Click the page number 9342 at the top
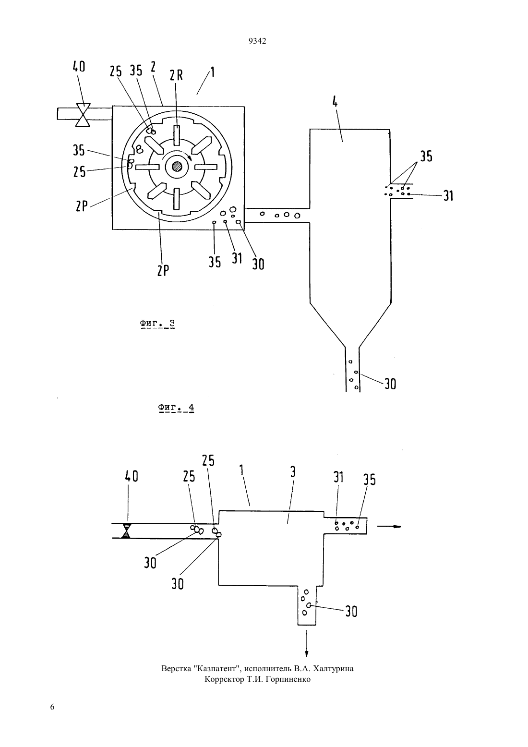pyautogui.click(x=257, y=41)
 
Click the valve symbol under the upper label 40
pyautogui.click(x=83, y=115)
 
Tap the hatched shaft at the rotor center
pyautogui.click(x=177, y=167)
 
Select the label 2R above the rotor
pyautogui.click(x=176, y=76)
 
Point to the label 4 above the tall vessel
pyautogui.click(x=335, y=102)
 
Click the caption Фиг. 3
pyautogui.click(x=157, y=323)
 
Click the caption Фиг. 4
pyautogui.click(x=176, y=407)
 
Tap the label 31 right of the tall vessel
pyautogui.click(x=448, y=196)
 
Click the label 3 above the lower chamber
pyautogui.click(x=293, y=472)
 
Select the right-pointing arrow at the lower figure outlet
pyautogui.click(x=389, y=527)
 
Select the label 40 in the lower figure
pyautogui.click(x=132, y=476)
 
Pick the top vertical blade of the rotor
pyautogui.click(x=177, y=135)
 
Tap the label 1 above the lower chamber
pyautogui.click(x=241, y=470)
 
